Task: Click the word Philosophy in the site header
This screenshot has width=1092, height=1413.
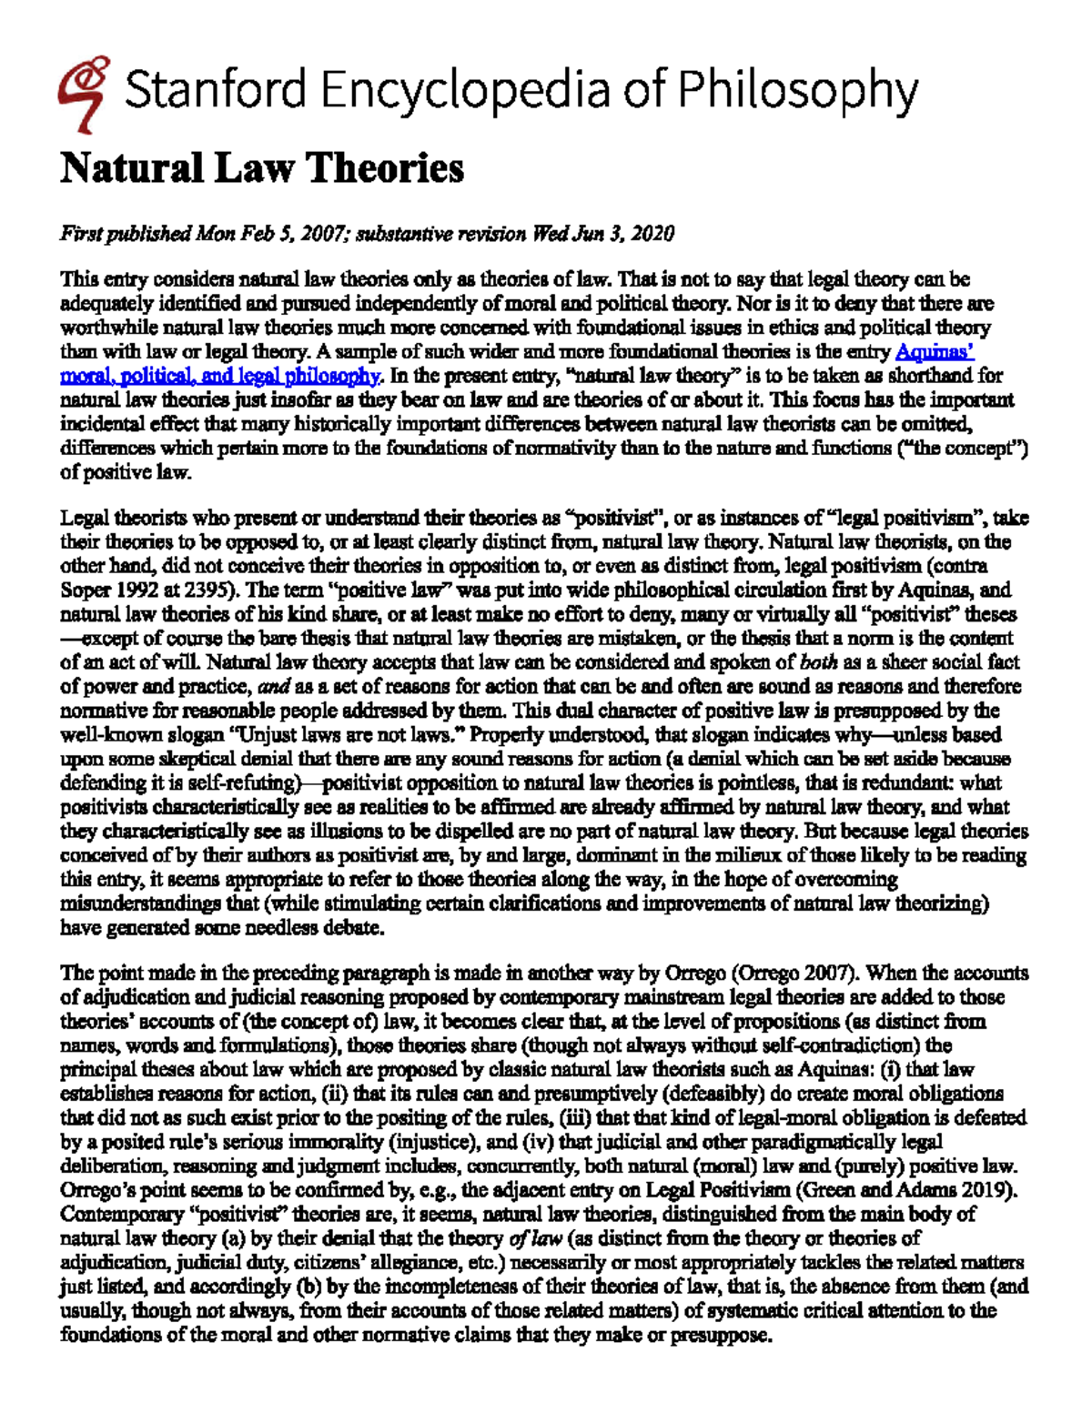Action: tap(796, 91)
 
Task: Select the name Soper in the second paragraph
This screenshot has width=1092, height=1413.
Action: tap(84, 590)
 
